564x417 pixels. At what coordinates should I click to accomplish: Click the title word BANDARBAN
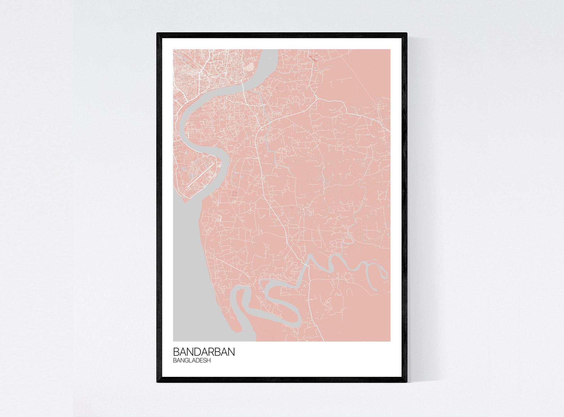pos(204,352)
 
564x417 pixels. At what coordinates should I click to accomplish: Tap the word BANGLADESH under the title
pos(192,360)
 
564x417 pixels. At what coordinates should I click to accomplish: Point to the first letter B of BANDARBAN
pos(176,352)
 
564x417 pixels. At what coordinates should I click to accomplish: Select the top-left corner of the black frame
pos(157,34)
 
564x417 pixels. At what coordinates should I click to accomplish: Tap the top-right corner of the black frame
pos(407,34)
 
